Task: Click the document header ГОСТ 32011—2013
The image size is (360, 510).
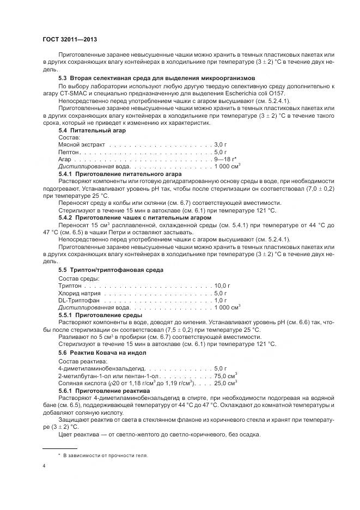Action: pos(69,39)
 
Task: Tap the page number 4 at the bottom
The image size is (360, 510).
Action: pos(44,466)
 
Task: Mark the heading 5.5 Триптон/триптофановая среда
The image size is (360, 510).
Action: pos(111,270)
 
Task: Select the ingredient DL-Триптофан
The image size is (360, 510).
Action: pos(79,300)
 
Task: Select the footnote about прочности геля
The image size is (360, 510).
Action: pos(103,455)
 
